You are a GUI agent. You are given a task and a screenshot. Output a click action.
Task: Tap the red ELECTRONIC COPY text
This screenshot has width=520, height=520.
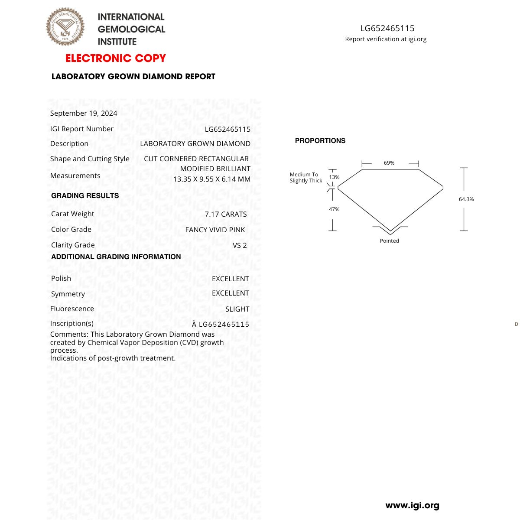[x=116, y=58]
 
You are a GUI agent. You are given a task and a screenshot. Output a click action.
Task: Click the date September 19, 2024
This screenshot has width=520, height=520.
[x=84, y=113]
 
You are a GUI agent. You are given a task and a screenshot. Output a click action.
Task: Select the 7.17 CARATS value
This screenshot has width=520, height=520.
[x=226, y=214]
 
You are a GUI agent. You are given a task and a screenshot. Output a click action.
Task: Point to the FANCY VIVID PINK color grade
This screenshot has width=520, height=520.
[x=215, y=230]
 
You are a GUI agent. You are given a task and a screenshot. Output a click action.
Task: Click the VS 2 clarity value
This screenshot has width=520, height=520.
[x=240, y=245]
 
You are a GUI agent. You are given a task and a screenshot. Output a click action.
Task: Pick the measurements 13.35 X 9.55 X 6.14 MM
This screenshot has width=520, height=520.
[x=212, y=179]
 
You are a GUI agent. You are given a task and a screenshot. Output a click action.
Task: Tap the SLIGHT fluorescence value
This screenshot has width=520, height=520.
[x=237, y=309]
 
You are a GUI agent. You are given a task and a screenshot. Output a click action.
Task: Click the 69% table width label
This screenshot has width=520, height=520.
[x=389, y=163]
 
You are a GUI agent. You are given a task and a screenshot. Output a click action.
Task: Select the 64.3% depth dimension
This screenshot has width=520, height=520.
[x=466, y=199]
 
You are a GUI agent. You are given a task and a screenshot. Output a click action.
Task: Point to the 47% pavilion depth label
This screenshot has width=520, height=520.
[x=334, y=209]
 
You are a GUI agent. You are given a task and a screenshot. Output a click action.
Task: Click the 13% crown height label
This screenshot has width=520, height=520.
[x=334, y=177]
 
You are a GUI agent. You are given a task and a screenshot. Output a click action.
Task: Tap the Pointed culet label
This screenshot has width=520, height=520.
[x=389, y=241]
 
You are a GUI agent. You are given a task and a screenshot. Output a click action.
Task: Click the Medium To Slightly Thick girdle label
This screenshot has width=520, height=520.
[x=305, y=178]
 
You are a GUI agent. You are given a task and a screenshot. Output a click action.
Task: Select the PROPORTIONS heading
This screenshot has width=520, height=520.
[x=320, y=141]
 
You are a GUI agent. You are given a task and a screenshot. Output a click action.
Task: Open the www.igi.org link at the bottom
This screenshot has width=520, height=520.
[x=412, y=505]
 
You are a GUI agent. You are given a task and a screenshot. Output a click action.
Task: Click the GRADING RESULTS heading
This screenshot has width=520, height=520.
[x=85, y=196]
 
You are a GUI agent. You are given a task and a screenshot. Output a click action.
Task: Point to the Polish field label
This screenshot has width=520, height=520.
[x=61, y=278]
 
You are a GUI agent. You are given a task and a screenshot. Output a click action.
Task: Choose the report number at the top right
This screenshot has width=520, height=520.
[x=387, y=29]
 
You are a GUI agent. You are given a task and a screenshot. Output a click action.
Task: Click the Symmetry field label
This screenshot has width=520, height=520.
[x=68, y=294]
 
